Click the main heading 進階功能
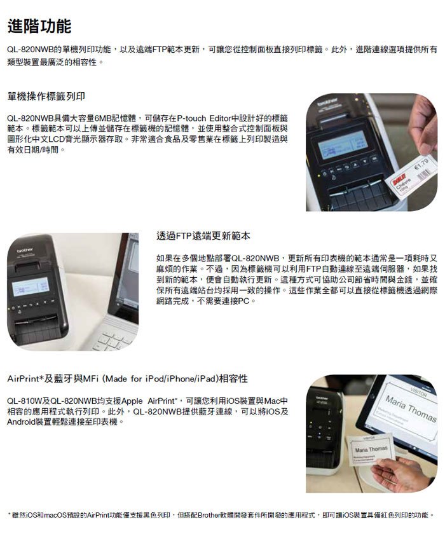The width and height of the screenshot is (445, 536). tap(39, 26)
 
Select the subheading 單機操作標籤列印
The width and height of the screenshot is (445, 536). tap(46, 97)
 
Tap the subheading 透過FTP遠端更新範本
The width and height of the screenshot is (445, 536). tap(203, 236)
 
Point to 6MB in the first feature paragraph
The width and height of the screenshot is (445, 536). tap(102, 118)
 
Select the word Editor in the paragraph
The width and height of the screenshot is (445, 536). tap(220, 118)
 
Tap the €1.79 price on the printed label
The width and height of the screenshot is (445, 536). tap(421, 164)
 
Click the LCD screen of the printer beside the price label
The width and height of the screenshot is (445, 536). tap(342, 144)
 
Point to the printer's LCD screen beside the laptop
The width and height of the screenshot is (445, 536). tap(31, 287)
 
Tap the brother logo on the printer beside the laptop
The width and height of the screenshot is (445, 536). tap(25, 251)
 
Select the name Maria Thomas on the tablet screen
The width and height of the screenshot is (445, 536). tap(411, 409)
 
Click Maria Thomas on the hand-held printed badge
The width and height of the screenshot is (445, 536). tap(371, 449)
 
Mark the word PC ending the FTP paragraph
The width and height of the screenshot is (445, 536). tap(243, 301)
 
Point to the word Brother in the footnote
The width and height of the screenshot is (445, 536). tap(210, 515)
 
